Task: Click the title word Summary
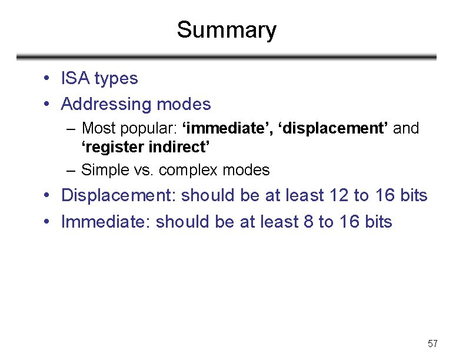(x=227, y=30)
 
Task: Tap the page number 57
(x=432, y=344)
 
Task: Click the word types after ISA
(x=116, y=79)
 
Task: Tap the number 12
(x=339, y=195)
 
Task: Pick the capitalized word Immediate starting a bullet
(x=105, y=222)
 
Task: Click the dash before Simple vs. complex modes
(x=71, y=171)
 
